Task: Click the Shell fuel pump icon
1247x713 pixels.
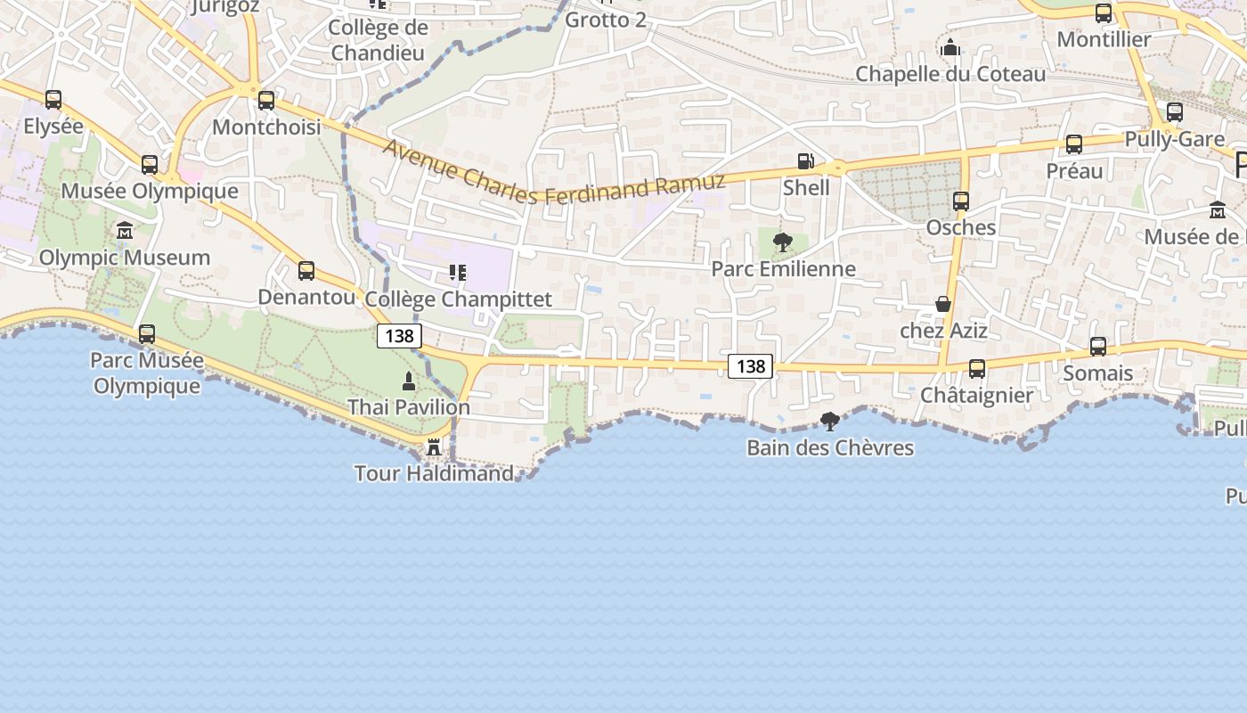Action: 805,161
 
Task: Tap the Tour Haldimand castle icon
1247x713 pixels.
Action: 434,447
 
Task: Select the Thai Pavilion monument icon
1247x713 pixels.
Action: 409,381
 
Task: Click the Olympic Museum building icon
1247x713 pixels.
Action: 125,232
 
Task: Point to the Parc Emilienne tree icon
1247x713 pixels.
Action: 783,242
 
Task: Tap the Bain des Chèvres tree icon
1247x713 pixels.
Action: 830,421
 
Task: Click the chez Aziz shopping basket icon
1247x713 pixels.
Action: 943,305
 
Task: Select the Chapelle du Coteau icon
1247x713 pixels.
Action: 950,47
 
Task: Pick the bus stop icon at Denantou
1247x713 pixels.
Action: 306,270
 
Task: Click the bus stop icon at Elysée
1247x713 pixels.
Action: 53,100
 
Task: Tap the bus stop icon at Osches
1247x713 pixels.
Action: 960,201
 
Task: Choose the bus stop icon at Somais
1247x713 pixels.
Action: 1098,347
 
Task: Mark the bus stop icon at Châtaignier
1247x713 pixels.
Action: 977,368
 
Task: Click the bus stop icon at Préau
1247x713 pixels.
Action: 1074,144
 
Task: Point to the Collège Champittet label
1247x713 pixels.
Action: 459,299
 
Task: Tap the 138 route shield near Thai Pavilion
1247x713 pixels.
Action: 399,336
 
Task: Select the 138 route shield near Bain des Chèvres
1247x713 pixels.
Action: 750,365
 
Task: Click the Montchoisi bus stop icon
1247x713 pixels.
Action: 266,101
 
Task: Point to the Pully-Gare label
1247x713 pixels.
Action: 1175,139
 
